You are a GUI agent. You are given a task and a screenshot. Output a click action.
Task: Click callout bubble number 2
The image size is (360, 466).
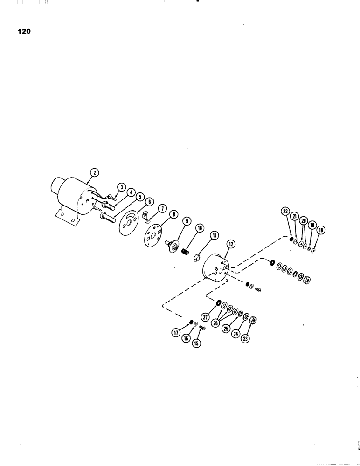[95, 172]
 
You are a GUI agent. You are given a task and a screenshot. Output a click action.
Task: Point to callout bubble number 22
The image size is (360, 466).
[285, 211]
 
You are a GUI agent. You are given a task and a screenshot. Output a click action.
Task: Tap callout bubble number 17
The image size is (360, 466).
[176, 333]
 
